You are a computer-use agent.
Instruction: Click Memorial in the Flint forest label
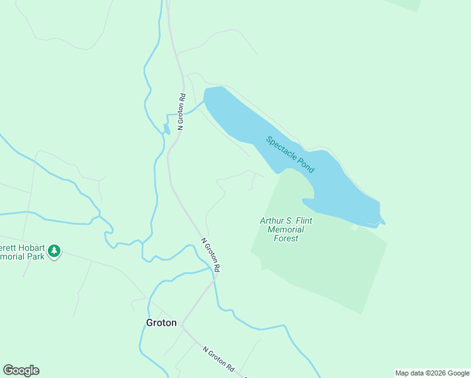pos(285,230)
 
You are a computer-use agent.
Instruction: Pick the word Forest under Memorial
pos(285,239)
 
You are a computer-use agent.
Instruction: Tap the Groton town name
pos(161,323)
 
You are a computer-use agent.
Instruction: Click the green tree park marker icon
pos(55,251)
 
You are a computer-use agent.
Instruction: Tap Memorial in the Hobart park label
pos(13,258)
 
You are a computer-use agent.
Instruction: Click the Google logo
pos(21,370)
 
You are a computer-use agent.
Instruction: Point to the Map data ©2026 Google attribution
pos(433,373)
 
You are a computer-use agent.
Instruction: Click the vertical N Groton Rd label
pos(181,112)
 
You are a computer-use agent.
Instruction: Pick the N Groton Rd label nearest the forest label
pos(210,254)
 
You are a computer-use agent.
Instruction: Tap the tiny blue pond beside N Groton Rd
pos(166,129)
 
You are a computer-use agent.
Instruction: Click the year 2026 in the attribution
pos(434,373)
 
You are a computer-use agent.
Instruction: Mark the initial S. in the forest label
pos(288,221)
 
